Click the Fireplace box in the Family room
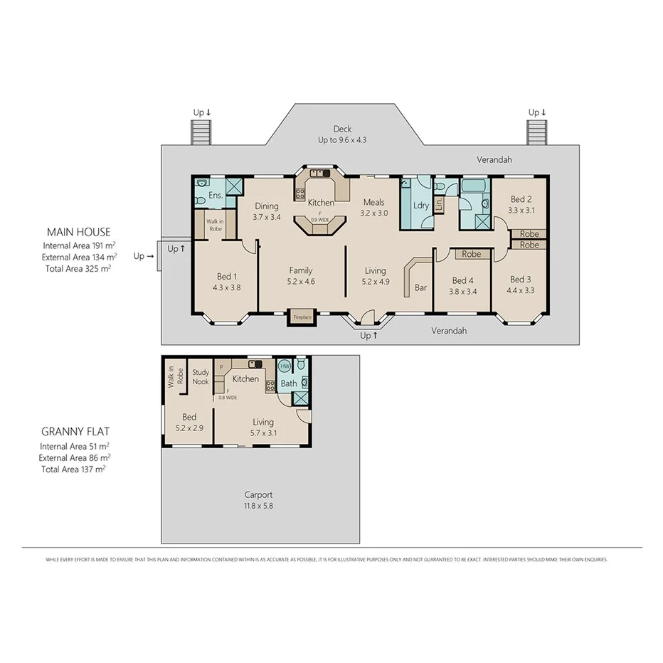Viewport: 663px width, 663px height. (x=302, y=317)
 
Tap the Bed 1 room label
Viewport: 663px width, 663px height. (x=225, y=277)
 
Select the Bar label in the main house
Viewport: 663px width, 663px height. (x=420, y=288)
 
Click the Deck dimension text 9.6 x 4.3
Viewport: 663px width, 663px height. (x=342, y=141)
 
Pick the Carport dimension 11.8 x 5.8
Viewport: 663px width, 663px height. (x=258, y=506)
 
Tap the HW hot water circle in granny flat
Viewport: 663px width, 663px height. (x=285, y=366)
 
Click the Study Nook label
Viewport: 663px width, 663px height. (x=201, y=376)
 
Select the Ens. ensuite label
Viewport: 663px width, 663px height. (x=216, y=195)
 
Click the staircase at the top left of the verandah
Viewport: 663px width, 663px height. (x=201, y=132)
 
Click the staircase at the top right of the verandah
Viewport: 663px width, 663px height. (x=536, y=132)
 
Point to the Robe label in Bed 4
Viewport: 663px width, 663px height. (x=471, y=254)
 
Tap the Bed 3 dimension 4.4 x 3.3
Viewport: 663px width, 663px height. (x=520, y=290)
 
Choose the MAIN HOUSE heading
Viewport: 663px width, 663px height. (x=78, y=232)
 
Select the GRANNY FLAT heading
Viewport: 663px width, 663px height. (x=75, y=432)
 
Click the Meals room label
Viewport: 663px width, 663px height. (x=373, y=203)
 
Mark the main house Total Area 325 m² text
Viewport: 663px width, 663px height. (x=78, y=268)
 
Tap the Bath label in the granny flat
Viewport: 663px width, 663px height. (x=288, y=383)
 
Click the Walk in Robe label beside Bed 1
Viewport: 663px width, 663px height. (x=214, y=226)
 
